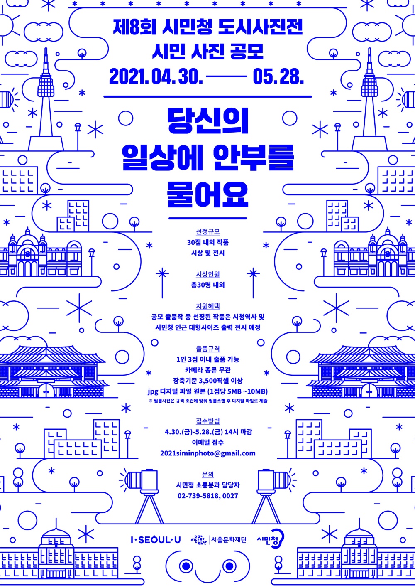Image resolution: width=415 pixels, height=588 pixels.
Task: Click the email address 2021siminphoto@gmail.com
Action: pos(207,453)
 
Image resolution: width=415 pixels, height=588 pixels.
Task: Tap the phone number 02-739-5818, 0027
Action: pos(207,496)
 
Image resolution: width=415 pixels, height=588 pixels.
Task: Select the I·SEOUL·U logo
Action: pos(156,540)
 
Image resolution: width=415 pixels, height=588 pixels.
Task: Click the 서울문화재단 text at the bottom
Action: pos(229,540)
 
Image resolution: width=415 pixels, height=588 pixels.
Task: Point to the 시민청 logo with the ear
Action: pos(270,540)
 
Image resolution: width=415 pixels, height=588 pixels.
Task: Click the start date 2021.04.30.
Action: pos(156,77)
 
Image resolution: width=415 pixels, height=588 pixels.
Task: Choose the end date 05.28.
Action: pos(278,77)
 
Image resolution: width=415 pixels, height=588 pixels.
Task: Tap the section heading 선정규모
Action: pos(208,231)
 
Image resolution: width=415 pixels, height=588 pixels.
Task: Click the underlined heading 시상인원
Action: pos(208,274)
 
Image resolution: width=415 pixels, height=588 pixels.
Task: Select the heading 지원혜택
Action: pos(208,306)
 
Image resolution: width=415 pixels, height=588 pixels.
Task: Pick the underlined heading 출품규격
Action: pos(208,349)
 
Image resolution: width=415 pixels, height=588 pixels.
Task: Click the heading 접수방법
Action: pos(208,421)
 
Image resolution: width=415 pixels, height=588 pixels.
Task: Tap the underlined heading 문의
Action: pos(208,475)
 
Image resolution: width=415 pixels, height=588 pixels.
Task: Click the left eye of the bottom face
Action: pos(185,566)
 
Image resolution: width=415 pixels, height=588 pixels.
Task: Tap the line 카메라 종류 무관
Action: pos(208,370)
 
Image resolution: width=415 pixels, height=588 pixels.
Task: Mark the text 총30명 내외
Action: pos(208,285)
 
